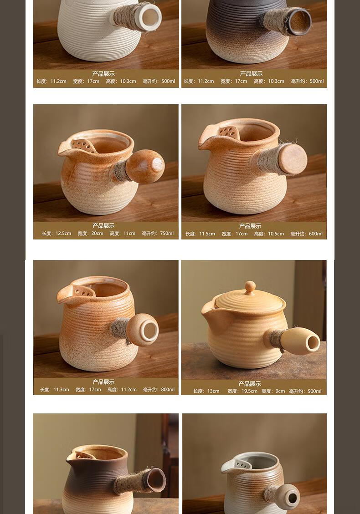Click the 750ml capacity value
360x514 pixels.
tap(167, 234)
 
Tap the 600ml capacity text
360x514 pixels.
tap(316, 234)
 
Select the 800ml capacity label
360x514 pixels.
tap(168, 389)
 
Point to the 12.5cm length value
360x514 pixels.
tap(63, 234)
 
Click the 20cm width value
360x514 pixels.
tap(97, 234)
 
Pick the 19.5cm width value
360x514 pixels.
tap(249, 391)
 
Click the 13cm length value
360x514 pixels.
tap(213, 391)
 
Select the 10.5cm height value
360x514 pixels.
tap(276, 234)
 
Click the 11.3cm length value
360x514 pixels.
tap(62, 389)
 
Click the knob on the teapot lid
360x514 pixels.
tap(250, 287)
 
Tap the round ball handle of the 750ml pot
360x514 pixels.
tap(145, 166)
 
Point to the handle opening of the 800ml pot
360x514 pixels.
tap(149, 331)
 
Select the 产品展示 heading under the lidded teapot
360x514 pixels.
tap(250, 383)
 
